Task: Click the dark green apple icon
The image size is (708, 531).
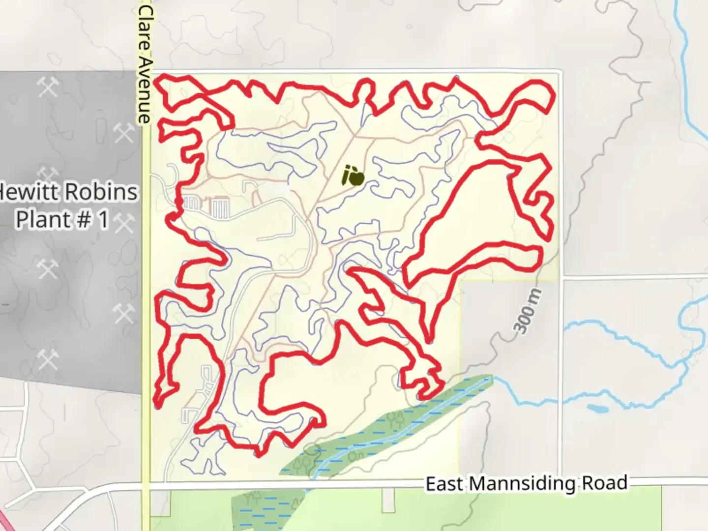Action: (x=353, y=176)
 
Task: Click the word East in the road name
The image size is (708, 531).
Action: (x=444, y=484)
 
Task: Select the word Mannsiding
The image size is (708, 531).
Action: (x=521, y=484)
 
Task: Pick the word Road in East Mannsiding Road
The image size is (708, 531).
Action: (x=605, y=483)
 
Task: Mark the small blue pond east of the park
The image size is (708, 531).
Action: (x=597, y=409)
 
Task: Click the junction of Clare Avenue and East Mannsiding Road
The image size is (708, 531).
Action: (x=146, y=485)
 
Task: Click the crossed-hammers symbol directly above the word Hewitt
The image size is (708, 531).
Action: (x=48, y=175)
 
